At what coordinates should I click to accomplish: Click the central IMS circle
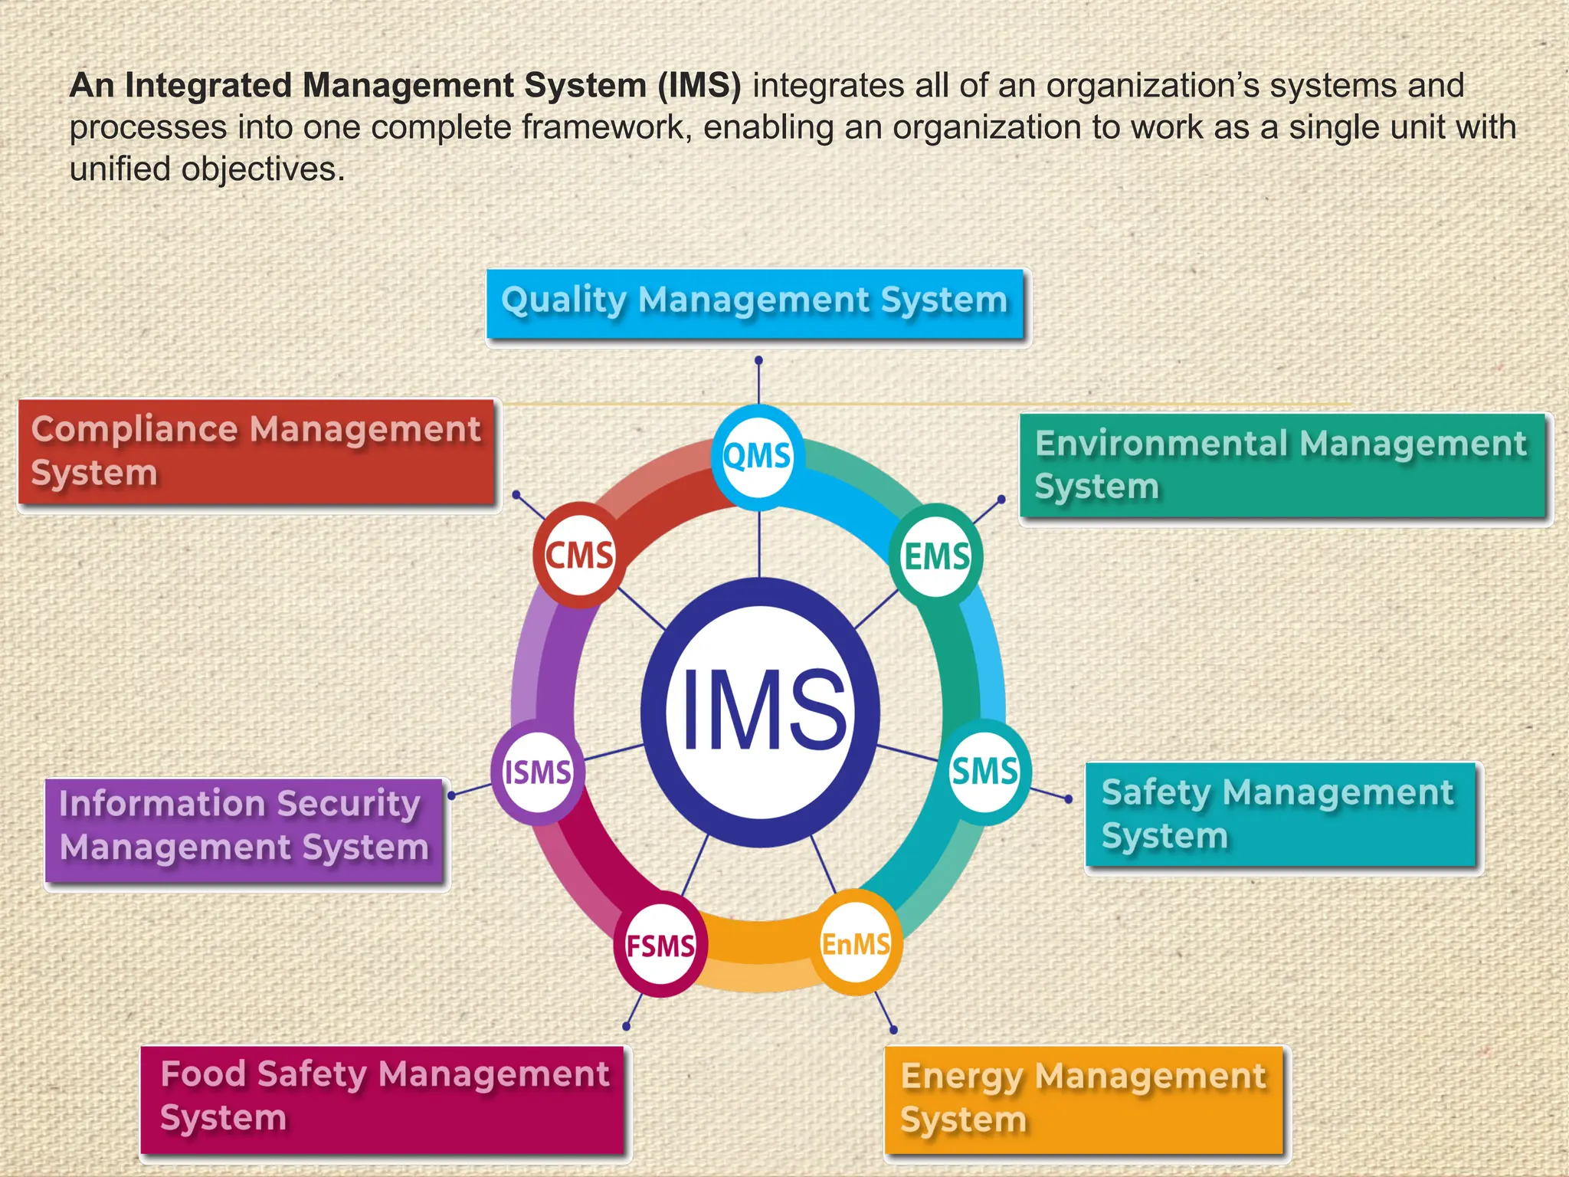[x=760, y=711]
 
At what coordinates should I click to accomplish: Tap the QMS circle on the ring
[x=757, y=457]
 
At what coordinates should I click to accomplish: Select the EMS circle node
[x=935, y=556]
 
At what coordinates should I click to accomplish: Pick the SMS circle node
[x=984, y=771]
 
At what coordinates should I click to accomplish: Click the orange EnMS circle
[x=856, y=943]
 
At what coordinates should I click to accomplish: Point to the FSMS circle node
[x=660, y=945]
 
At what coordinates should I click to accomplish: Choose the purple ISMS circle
[x=537, y=772]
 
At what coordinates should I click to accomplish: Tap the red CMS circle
[x=579, y=555]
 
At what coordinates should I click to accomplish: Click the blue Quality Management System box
[x=756, y=303]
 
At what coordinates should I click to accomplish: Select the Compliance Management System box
[x=257, y=452]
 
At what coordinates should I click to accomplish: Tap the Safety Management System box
[x=1281, y=815]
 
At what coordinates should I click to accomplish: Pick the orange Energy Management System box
[x=1084, y=1099]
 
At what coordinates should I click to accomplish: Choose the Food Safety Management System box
[x=383, y=1099]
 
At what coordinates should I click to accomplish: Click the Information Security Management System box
[x=245, y=829]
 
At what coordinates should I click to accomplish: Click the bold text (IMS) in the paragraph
[x=699, y=86]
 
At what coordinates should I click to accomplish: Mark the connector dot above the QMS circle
[x=758, y=359]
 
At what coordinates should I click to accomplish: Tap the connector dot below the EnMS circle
[x=893, y=1030]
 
